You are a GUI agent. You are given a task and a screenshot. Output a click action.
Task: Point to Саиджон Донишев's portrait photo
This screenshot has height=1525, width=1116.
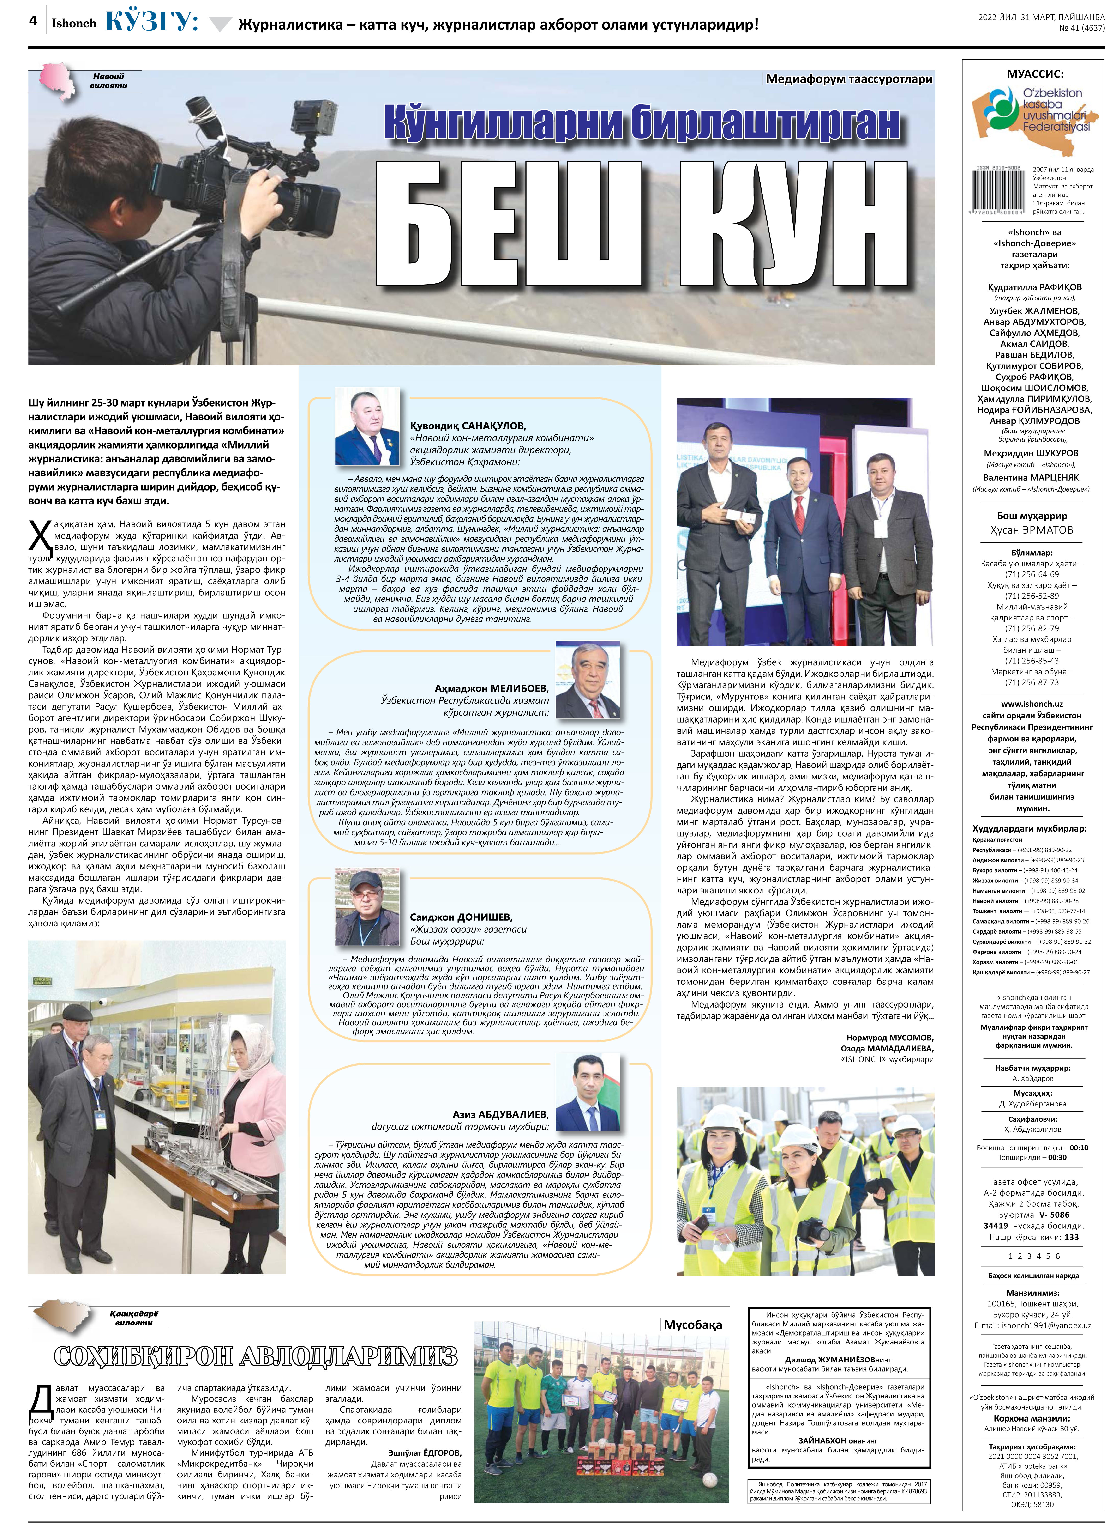click(367, 906)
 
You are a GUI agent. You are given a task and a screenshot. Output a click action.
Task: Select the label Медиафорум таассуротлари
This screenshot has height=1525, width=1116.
click(848, 79)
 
